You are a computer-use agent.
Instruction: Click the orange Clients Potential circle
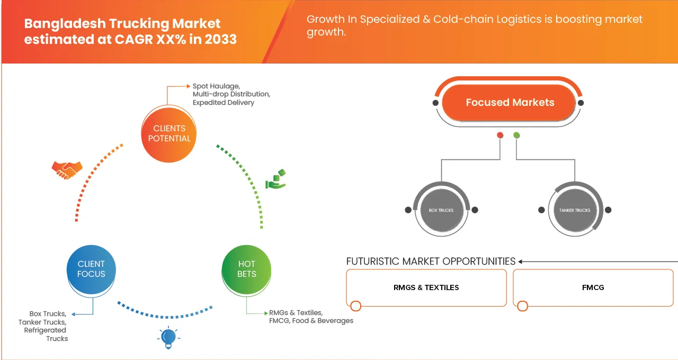pos(169,133)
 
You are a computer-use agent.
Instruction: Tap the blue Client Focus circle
pos(91,268)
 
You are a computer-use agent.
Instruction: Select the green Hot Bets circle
pos(246,268)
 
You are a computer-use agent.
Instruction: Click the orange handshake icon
pos(67,169)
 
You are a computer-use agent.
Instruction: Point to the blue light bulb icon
pos(168,337)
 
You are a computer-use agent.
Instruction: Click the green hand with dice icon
pos(275,179)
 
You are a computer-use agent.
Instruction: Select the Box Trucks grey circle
pos(441,210)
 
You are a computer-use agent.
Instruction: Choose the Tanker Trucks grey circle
pos(575,210)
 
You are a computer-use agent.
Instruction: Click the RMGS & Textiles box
pos(426,287)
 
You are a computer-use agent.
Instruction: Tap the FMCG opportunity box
pos(593,287)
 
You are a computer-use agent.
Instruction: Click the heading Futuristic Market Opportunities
pos(431,261)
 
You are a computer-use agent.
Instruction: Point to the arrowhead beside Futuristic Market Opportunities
pos(521,262)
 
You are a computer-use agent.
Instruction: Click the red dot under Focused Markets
pos(499,136)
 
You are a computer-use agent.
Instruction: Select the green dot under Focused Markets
pos(516,136)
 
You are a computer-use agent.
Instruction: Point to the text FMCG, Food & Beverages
pos(311,321)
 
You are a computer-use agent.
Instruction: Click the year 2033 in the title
pos(219,40)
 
